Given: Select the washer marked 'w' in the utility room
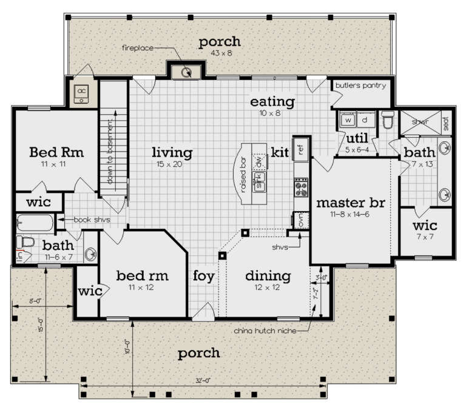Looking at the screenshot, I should pyautogui.click(x=348, y=120).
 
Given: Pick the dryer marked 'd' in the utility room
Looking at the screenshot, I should pyautogui.click(x=365, y=120).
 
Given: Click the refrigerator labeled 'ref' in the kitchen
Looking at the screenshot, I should pyautogui.click(x=300, y=148).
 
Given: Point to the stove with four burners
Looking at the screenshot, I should pyautogui.click(x=300, y=187).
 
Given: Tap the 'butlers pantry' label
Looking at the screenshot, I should pyautogui.click(x=361, y=86).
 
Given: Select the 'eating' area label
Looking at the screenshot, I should pyautogui.click(x=272, y=101).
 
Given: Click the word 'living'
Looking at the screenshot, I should pyautogui.click(x=172, y=152).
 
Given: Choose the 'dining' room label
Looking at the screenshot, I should pyautogui.click(x=268, y=276).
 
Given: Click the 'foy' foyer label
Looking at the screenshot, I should pyautogui.click(x=204, y=276).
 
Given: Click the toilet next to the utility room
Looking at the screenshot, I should pyautogui.click(x=388, y=121).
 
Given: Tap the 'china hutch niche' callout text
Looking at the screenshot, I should pyautogui.click(x=264, y=331).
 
